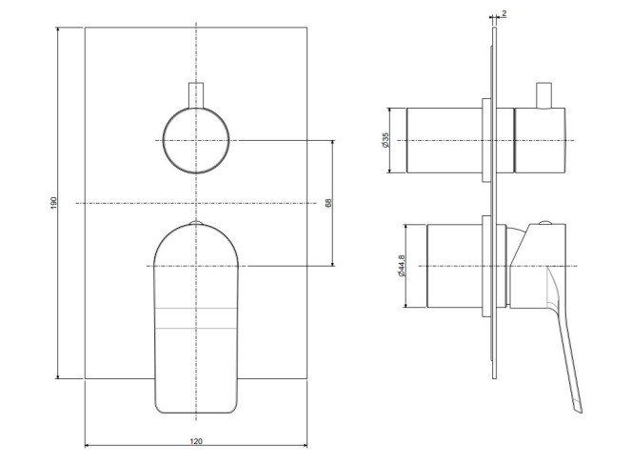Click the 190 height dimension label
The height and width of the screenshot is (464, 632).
[53, 203]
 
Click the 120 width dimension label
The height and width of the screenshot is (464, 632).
[196, 441]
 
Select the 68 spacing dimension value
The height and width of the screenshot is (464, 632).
[328, 203]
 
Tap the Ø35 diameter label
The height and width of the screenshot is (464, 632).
[385, 140]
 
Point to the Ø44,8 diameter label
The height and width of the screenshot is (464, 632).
[402, 266]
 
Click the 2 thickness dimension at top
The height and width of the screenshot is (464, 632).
[504, 13]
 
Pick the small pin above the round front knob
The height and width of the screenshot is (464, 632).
[196, 95]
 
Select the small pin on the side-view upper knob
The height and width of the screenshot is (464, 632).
[543, 96]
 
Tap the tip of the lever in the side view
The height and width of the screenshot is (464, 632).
[580, 412]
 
